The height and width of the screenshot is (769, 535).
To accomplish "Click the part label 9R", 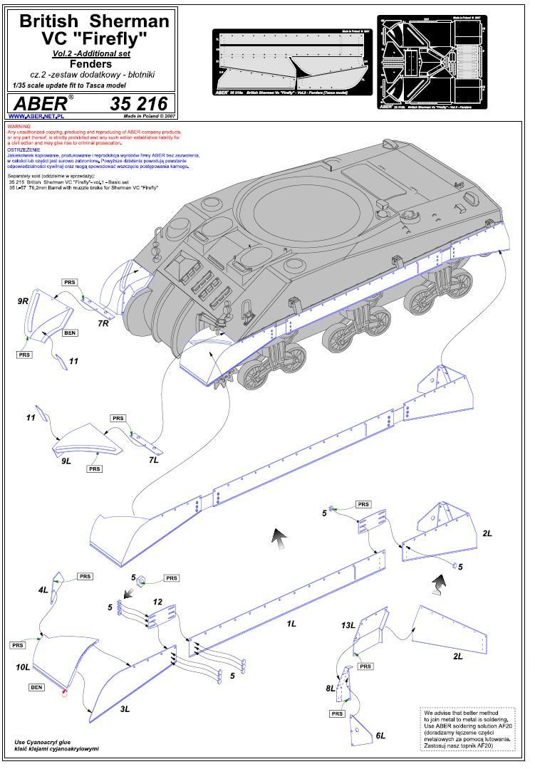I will [23, 301].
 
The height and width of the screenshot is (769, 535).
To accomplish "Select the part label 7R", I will [103, 324].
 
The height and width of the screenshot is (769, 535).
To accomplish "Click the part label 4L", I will [43, 590].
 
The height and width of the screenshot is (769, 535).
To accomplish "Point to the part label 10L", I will [23, 667].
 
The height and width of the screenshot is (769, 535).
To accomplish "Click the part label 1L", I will [291, 624].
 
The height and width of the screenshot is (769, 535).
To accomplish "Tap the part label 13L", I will [348, 625].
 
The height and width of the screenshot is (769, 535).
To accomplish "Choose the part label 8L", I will [331, 689].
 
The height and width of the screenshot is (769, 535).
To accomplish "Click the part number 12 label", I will [157, 602].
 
